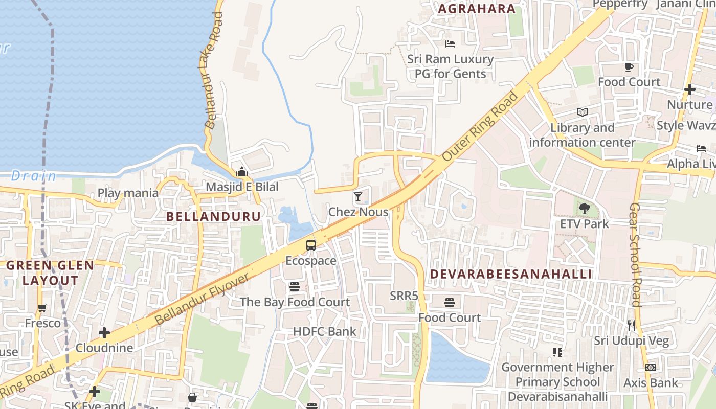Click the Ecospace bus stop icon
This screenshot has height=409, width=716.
[x=311, y=245]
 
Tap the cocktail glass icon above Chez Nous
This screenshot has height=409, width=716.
[x=358, y=196]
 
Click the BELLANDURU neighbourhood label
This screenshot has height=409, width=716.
[x=214, y=216]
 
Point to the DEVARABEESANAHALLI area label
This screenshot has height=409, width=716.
[x=510, y=274]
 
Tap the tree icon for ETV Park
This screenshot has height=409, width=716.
[x=584, y=209]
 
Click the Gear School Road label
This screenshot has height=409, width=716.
[x=635, y=255]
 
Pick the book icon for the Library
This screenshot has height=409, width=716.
[x=582, y=112]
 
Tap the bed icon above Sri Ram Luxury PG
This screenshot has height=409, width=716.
[x=450, y=44]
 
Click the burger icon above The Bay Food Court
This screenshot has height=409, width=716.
[x=295, y=287]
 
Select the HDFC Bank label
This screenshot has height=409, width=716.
[x=324, y=331]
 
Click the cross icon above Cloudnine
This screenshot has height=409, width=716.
[x=104, y=333]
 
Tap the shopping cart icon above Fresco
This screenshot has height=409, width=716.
[x=42, y=308]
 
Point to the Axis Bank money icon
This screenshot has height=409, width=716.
[x=651, y=368]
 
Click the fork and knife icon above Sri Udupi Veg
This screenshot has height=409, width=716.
[x=632, y=325]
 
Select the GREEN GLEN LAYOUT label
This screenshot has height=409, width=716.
[x=50, y=272]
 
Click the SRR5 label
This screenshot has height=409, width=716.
[x=404, y=296]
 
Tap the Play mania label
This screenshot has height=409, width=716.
[x=128, y=193]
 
